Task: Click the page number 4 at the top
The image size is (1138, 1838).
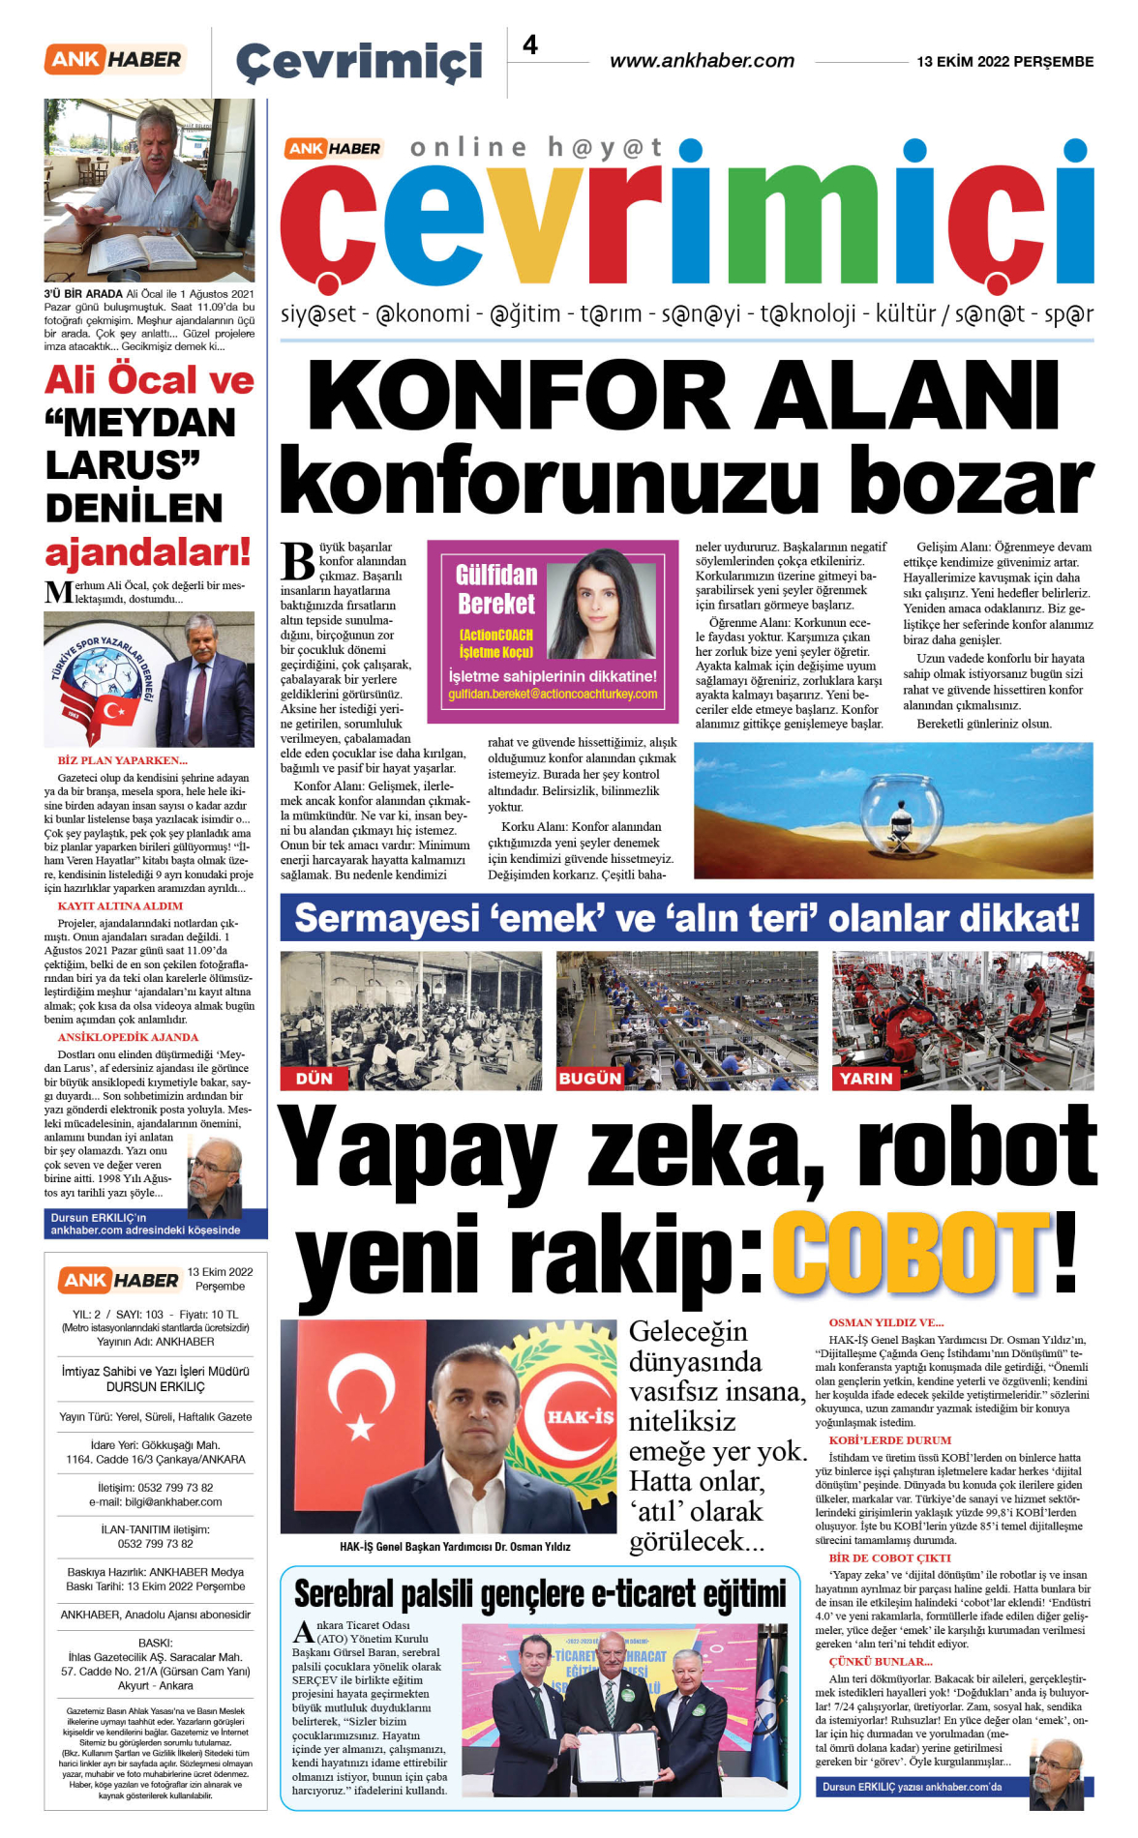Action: coord(530,45)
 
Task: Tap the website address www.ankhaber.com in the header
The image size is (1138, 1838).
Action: coord(702,61)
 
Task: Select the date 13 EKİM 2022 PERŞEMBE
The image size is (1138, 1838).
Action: coord(1004,62)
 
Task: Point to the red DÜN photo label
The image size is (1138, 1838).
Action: coord(314,1079)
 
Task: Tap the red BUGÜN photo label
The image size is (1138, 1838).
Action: coord(589,1079)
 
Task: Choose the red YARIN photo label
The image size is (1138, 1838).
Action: coord(865,1079)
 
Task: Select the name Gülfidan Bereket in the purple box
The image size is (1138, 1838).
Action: coord(495,589)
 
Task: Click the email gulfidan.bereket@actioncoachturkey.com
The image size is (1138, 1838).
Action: coord(553,695)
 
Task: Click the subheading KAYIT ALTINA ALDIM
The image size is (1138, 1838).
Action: coord(120,906)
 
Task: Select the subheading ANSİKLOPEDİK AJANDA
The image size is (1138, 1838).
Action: coord(128,1037)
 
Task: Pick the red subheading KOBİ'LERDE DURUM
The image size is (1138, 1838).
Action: coord(889,1440)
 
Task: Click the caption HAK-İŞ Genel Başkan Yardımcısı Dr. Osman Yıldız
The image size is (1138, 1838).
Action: coord(455,1547)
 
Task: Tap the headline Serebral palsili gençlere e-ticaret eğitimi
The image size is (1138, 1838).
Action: coord(539,1593)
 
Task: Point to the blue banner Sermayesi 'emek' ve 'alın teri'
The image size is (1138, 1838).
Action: coord(686,918)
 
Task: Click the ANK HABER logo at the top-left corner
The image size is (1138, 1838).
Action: coord(114,60)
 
